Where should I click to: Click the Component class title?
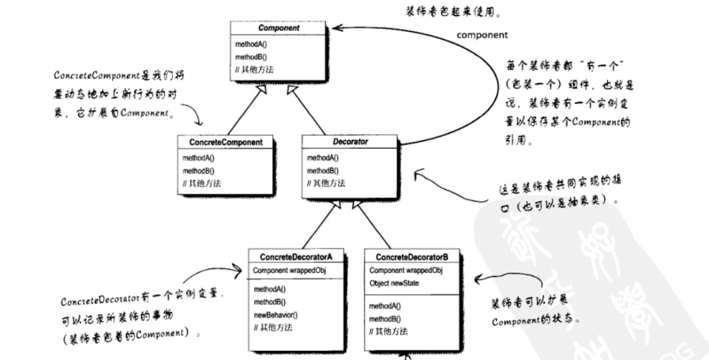point(279,28)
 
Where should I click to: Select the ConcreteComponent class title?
point(226,142)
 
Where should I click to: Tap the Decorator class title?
point(350,141)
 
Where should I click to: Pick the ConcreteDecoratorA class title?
point(296,256)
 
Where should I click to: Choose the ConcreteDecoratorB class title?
point(412,256)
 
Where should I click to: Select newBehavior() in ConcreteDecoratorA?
point(276,315)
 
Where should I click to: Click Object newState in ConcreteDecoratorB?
point(395,283)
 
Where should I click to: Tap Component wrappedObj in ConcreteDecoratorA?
point(290,270)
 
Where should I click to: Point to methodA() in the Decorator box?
point(324,158)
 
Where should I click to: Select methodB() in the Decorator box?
point(324,171)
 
